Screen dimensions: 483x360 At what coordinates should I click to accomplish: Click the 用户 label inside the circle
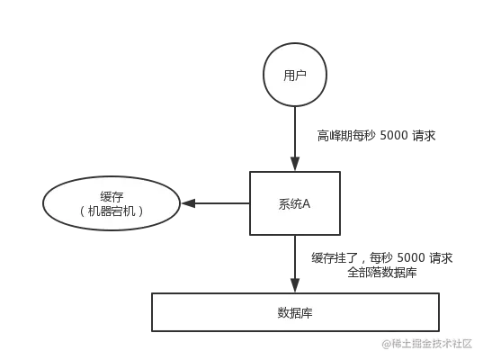coord(295,76)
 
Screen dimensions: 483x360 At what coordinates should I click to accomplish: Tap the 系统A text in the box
coord(294,203)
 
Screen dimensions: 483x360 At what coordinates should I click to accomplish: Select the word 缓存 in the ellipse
coord(112,196)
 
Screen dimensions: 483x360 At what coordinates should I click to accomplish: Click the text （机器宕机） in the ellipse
coord(112,211)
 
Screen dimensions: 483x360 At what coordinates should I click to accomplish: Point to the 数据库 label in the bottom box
coord(295,312)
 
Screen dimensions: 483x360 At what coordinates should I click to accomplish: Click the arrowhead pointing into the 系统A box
coord(295,164)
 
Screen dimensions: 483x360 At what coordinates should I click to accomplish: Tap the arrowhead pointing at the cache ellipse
coord(189,203)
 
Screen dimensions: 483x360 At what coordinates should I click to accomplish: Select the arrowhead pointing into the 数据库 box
coord(295,284)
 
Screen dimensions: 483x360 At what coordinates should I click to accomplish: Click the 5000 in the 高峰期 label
coord(394,135)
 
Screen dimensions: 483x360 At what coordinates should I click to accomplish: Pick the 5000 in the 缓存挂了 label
coord(412,257)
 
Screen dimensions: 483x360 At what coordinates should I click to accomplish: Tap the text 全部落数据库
coord(382,272)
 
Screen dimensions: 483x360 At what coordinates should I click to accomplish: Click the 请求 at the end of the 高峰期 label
coord(424,136)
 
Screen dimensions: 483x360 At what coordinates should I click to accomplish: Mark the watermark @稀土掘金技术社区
coord(427,344)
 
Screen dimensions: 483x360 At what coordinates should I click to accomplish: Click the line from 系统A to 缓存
coord(216,203)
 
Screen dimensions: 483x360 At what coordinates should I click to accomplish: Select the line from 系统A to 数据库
coord(295,264)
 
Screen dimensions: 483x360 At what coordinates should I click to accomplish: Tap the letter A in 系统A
coord(307,203)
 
